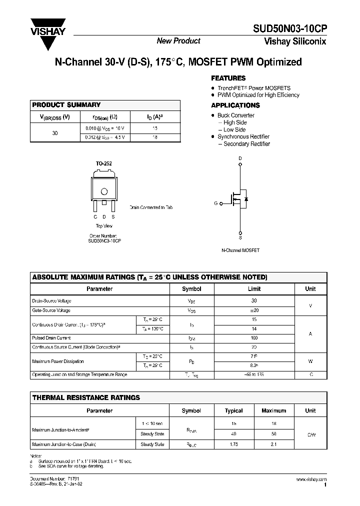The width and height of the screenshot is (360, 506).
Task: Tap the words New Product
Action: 178,41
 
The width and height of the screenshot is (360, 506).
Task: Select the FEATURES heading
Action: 228,78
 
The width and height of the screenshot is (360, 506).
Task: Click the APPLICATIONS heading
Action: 235,105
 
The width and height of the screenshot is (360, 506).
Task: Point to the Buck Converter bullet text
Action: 235,115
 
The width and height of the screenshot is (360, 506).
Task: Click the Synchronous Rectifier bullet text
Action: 243,136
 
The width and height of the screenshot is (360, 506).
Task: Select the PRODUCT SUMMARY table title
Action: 66,105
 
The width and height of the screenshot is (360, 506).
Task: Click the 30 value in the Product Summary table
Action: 55,133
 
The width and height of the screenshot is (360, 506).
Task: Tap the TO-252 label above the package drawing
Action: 103,163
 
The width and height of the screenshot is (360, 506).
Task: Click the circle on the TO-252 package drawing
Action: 104,191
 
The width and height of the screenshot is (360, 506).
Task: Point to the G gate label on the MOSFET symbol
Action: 216,203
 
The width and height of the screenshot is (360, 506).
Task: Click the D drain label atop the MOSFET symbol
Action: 240,158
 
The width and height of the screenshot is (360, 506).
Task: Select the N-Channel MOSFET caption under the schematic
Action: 240,250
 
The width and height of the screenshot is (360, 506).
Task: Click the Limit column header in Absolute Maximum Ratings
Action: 254,289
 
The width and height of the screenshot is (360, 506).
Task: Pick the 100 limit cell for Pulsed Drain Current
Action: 254,338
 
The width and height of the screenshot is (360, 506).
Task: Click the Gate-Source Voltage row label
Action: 51,310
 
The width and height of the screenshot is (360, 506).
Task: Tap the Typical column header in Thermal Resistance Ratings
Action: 233,410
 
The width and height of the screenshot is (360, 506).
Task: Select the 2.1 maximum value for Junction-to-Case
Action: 273,444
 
